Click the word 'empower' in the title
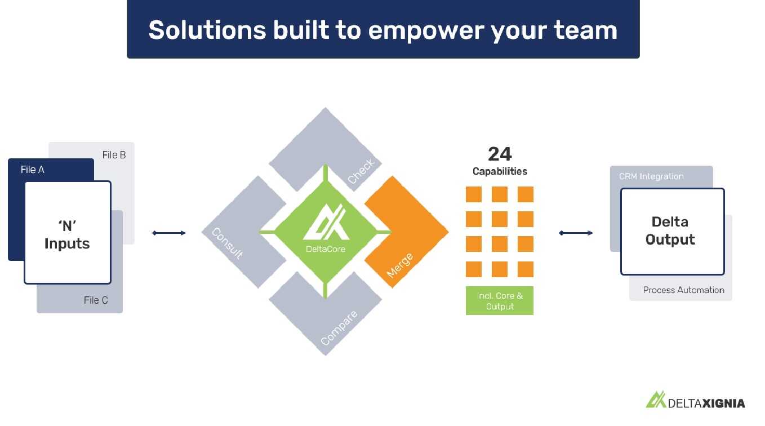pos(426,31)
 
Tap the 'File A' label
pos(33,170)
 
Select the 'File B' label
pos(114,155)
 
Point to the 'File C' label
pos(96,300)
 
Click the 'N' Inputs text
pos(67,235)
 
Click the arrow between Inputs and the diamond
pos(169,233)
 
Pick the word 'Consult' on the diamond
pos(228,243)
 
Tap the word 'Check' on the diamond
pos(361,171)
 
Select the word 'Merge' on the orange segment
pos(399,265)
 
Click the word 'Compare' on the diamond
pos(339,328)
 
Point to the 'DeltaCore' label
pos(326,249)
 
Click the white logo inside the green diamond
pos(326,222)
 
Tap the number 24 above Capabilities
pos(500,154)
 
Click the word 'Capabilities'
pos(500,171)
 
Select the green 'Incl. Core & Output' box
pos(500,301)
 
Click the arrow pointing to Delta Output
pos(576,233)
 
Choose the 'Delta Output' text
pos(670,231)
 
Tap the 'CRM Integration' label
pos(651,176)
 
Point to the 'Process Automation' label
pos(684,290)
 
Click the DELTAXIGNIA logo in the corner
pos(695,401)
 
